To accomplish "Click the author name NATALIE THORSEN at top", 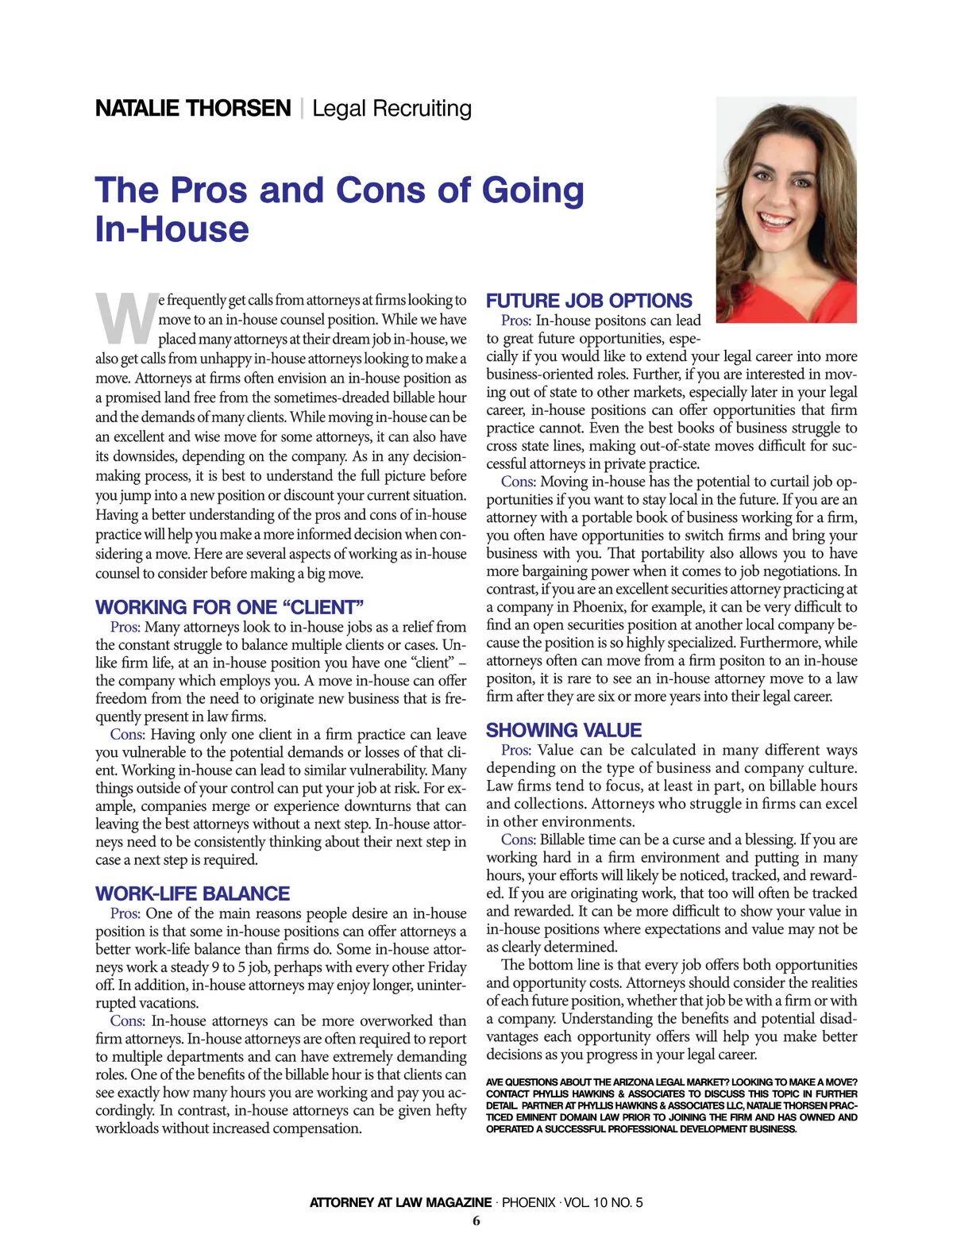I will (x=193, y=108).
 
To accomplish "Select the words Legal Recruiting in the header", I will (x=392, y=108).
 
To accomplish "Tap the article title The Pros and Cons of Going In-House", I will (x=339, y=209).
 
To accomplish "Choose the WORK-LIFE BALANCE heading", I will (x=192, y=893).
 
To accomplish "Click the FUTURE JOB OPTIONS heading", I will (x=588, y=301).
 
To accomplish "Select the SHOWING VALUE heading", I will (x=564, y=730).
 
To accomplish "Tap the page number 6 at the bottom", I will (x=476, y=1221).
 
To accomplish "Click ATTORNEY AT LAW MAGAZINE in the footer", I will (x=400, y=1202).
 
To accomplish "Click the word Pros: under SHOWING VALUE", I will (x=516, y=750).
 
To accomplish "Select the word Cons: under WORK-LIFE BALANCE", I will (x=127, y=1020).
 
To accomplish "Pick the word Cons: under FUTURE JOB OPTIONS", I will (x=518, y=482).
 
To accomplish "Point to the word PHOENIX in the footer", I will (x=528, y=1202).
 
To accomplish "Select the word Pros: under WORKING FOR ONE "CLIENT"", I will (x=125, y=627).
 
